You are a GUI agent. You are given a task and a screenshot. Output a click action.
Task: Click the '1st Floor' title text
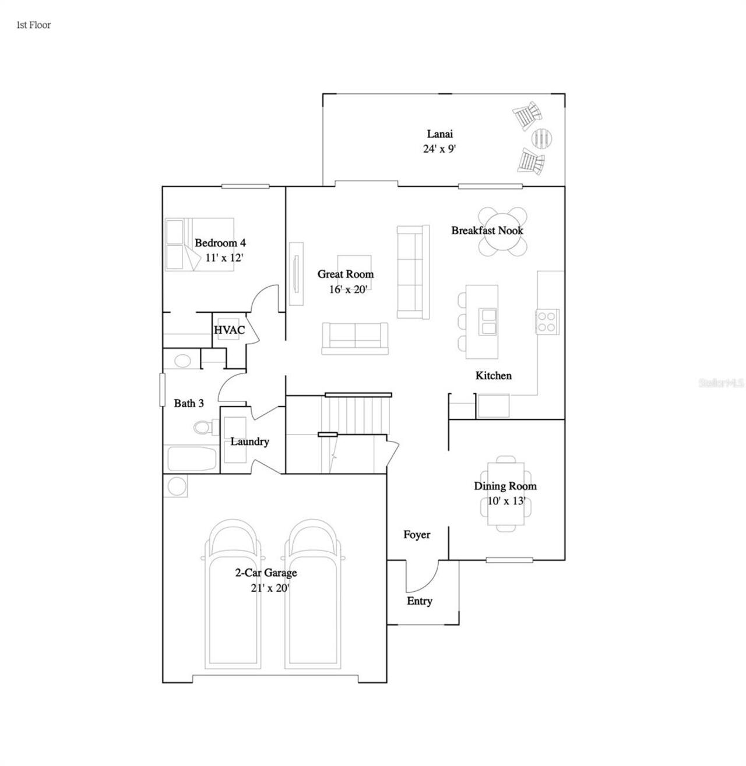pos(33,25)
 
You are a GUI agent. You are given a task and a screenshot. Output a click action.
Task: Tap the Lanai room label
pos(439,134)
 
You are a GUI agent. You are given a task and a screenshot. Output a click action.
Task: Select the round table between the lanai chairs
pos(542,138)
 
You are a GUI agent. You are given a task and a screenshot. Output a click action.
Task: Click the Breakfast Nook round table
pos(502,231)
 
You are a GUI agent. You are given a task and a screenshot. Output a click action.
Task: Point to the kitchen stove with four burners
pos(547,321)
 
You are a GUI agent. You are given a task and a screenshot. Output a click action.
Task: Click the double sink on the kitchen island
pos(487,322)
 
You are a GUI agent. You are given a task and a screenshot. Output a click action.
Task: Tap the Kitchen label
pos(493,376)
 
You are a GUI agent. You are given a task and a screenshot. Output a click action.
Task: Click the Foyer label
pos(417,535)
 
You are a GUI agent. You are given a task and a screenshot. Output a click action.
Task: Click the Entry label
pos(419,601)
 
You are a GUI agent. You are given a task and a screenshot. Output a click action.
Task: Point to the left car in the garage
pos(233,594)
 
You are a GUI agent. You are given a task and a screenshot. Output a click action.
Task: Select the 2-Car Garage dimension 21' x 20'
pos(270,588)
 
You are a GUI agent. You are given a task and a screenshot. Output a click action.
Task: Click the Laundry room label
pos(249,442)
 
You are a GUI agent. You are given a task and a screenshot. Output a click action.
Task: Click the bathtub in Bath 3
pos(192,459)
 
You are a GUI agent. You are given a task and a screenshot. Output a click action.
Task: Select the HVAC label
pos(229,330)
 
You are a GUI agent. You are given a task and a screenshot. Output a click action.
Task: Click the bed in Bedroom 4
pos(199,245)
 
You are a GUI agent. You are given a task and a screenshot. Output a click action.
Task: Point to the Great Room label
pos(345,274)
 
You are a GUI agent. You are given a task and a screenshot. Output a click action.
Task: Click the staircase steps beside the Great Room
pos(356,414)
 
